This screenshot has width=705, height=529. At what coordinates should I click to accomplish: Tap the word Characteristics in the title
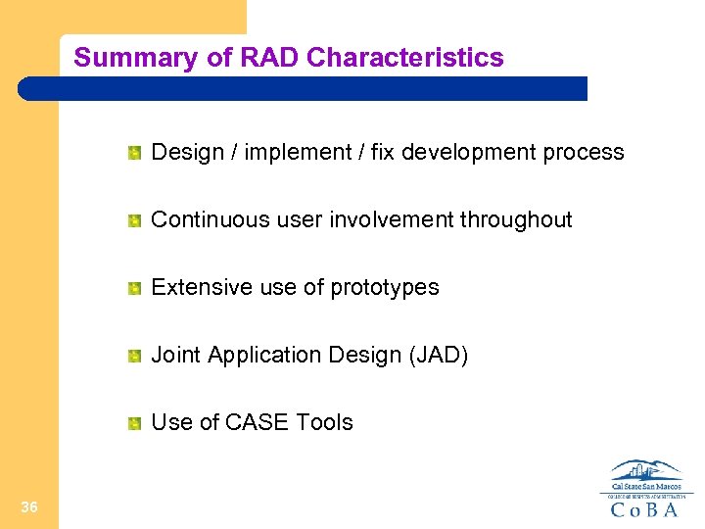click(x=404, y=58)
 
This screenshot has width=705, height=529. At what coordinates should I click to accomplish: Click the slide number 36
click(x=29, y=506)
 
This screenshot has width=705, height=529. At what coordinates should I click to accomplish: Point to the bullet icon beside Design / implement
click(x=134, y=152)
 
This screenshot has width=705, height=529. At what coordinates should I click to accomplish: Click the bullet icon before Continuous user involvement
click(x=134, y=219)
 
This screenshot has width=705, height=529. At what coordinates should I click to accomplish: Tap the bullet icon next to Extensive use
click(x=134, y=287)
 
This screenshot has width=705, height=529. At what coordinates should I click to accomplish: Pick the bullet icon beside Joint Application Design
click(x=134, y=355)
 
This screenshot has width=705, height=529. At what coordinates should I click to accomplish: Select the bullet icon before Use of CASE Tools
click(x=134, y=422)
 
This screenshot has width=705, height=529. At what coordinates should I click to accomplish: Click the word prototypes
click(x=385, y=288)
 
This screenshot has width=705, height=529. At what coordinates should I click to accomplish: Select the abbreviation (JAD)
click(x=437, y=355)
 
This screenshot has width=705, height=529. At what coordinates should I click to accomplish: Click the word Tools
click(x=324, y=422)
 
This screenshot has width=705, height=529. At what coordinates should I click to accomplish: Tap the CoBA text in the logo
click(x=645, y=508)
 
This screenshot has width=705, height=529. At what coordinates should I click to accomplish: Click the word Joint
click(x=175, y=355)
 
